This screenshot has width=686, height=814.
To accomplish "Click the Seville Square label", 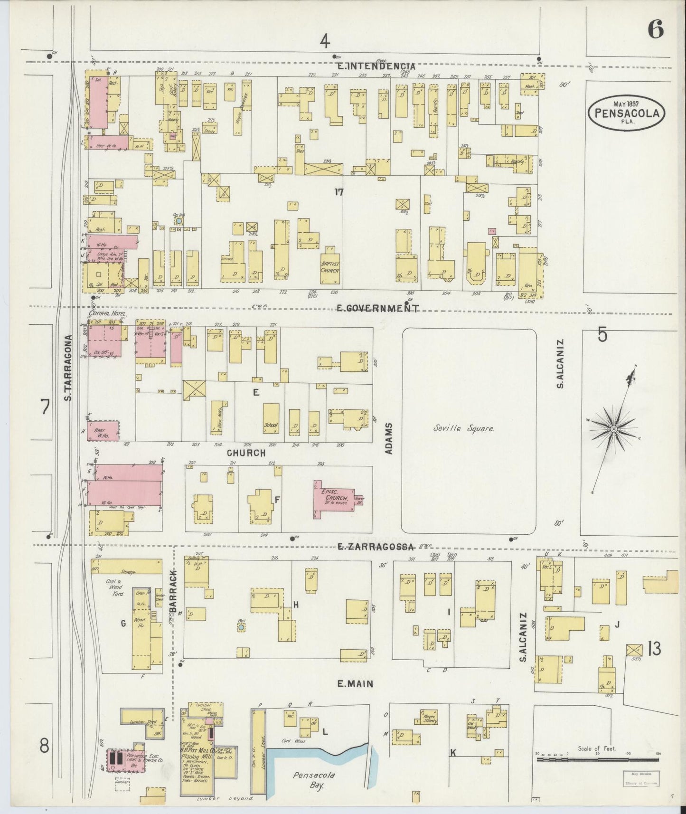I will [x=464, y=428].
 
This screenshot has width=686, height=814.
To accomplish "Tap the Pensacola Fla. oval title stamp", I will [x=626, y=113].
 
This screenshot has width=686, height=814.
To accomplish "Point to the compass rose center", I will [x=613, y=429].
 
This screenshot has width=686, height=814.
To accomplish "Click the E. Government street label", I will [x=377, y=309].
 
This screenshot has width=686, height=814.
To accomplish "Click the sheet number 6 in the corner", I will [x=655, y=30].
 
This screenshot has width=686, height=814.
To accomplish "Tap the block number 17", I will [x=338, y=192].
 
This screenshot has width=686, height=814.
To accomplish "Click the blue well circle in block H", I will [x=241, y=627].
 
